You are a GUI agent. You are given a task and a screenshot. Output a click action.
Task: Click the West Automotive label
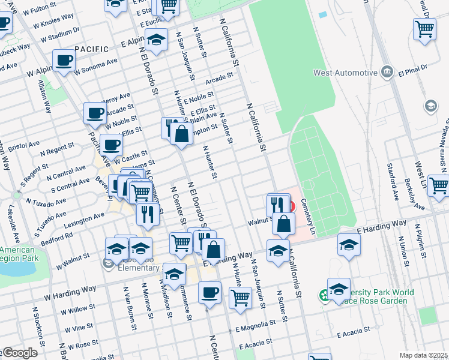click(345, 73)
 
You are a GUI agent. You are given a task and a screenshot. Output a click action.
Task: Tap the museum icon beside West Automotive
click(387, 73)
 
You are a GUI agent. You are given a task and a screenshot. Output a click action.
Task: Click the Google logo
click(19, 353)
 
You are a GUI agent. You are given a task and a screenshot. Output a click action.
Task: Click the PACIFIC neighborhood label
click(92, 49)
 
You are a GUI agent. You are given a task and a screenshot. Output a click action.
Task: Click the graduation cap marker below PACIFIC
click(157, 41)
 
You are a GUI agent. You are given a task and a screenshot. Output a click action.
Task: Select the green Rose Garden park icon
click(324, 295)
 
